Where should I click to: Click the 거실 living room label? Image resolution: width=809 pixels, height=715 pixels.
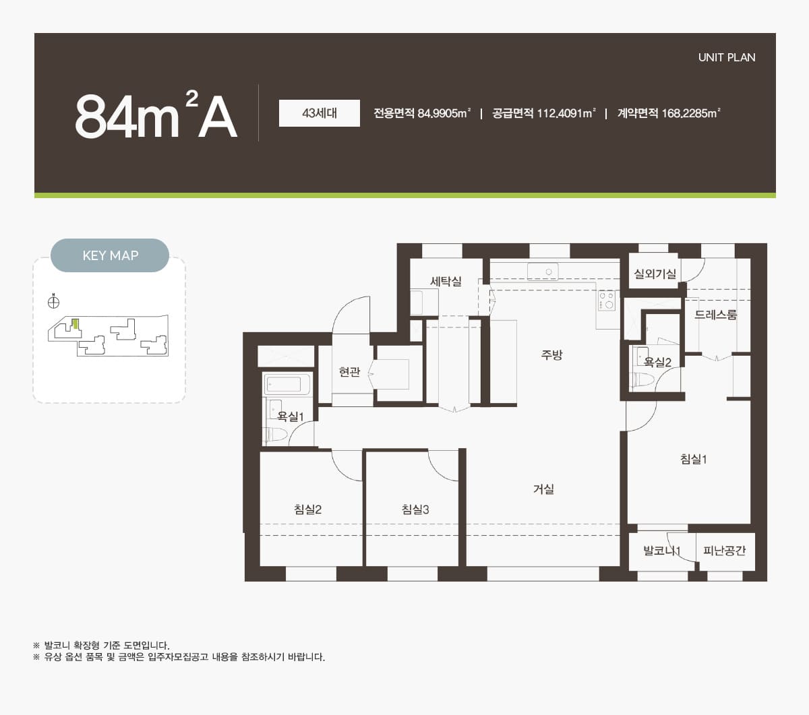point(543,489)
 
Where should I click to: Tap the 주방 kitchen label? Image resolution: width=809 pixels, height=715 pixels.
point(552,354)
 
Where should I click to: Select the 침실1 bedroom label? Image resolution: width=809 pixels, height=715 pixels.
point(693,459)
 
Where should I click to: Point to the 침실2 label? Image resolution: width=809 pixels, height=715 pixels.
point(307,509)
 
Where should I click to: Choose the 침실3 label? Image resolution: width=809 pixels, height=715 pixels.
point(415,509)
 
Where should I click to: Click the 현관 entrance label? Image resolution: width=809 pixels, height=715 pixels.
point(349,372)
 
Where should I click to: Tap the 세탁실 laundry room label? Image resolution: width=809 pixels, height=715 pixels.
point(446,282)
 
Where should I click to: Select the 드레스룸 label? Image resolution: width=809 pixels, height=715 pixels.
point(715,315)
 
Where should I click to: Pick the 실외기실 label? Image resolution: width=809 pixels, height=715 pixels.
point(655,274)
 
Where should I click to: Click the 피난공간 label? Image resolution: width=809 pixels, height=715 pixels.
point(724,551)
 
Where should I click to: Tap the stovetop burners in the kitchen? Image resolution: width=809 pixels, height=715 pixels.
point(607,301)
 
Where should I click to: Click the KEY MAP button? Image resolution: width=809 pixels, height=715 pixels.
point(110,255)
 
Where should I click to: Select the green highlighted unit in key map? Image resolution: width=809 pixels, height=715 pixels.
point(76,323)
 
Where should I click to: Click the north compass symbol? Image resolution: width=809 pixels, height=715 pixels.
point(53,302)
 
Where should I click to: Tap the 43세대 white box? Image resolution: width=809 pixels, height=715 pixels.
point(320,113)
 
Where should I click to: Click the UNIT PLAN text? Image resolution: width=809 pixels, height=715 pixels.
point(727,57)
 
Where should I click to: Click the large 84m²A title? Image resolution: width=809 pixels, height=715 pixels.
point(156,115)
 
